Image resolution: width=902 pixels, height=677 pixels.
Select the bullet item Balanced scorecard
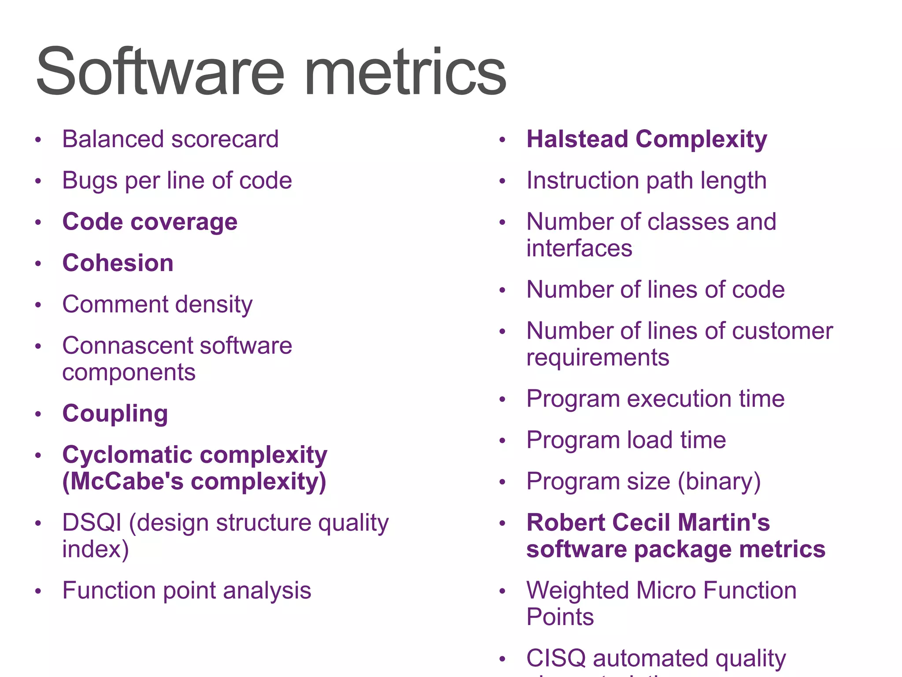[x=170, y=139]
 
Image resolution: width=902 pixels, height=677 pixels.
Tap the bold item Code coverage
[x=150, y=222]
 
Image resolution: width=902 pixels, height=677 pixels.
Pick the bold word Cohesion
[x=118, y=263]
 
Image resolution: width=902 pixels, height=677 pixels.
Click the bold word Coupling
[x=115, y=414]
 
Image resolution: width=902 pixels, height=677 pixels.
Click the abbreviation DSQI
[x=92, y=523]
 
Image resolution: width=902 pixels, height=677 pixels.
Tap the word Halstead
[x=577, y=139]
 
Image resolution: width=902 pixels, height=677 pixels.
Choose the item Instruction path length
[x=647, y=181]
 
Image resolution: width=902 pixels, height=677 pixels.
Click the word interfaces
[x=579, y=248]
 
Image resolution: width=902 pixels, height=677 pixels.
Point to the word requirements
[x=598, y=357]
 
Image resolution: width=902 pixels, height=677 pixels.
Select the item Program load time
[x=626, y=440]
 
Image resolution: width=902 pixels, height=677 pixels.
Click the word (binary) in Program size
[x=719, y=481]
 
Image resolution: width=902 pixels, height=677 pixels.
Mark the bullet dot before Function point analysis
[x=38, y=591]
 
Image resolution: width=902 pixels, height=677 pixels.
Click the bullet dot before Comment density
[x=38, y=305]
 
